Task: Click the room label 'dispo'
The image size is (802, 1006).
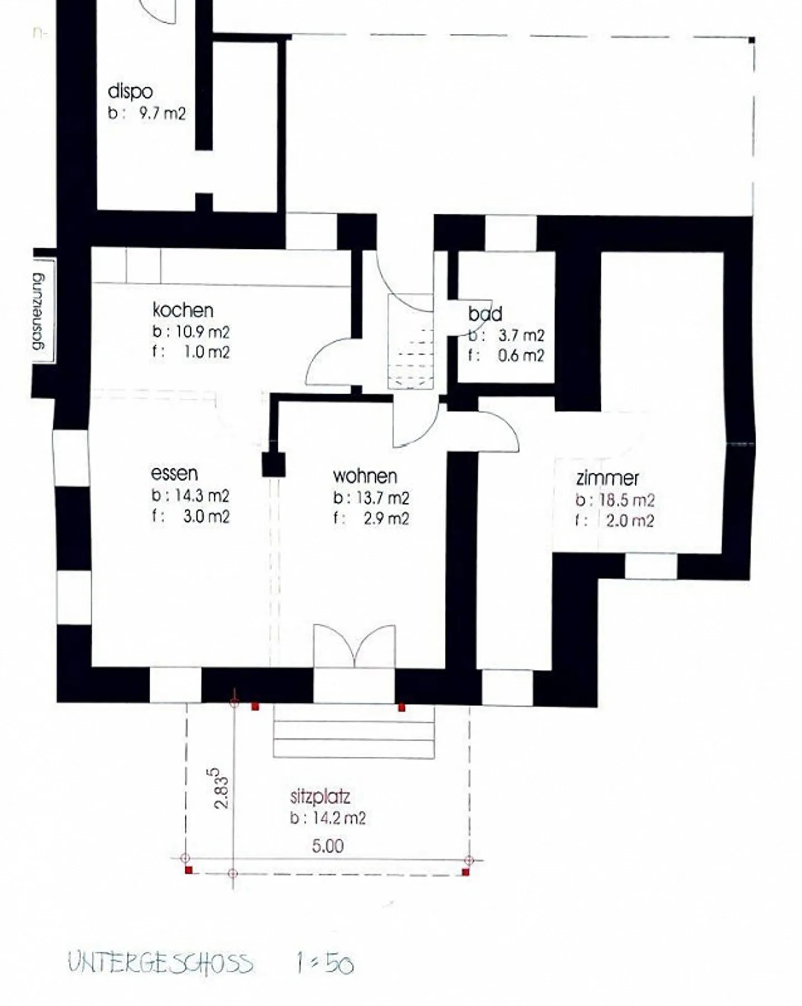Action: (130, 91)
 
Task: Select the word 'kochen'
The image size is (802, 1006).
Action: (183, 310)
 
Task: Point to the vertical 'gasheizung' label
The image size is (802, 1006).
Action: (38, 311)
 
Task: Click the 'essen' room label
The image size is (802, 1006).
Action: (174, 473)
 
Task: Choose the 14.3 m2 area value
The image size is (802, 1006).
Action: (202, 496)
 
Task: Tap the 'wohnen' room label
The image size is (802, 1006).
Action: (365, 476)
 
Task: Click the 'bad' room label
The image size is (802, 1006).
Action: (485, 314)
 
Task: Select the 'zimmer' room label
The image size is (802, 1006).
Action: (607, 478)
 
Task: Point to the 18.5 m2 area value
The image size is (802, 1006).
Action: (627, 500)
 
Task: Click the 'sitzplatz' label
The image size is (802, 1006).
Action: (320, 797)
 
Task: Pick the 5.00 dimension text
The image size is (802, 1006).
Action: (327, 846)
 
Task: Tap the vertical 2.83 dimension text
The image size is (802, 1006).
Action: (221, 788)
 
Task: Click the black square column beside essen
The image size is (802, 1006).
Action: (273, 465)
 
